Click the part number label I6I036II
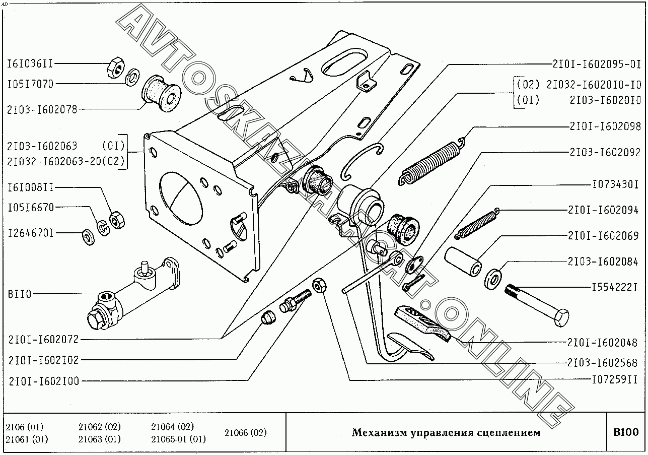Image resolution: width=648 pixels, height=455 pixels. pyautogui.click(x=30, y=63)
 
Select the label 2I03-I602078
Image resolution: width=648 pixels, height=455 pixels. pyautogui.click(x=42, y=109)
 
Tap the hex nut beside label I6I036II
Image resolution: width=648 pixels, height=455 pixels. pyautogui.click(x=115, y=67)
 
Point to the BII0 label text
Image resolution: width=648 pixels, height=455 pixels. pyautogui.click(x=19, y=294)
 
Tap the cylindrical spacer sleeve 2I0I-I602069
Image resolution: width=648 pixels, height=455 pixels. pyautogui.click(x=462, y=261)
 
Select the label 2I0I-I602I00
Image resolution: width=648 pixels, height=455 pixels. pyautogui.click(x=43, y=381)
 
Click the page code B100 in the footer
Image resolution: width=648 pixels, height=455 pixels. pyautogui.click(x=625, y=432)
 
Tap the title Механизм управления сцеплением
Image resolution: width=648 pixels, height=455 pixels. pyautogui.click(x=446, y=432)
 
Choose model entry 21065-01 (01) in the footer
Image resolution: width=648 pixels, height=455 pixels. pyautogui.click(x=178, y=439)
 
